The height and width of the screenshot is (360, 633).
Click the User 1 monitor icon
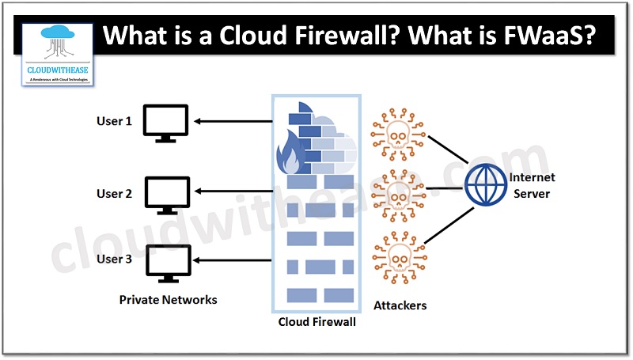pos(165,123)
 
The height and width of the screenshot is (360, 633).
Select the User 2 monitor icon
pos(167,195)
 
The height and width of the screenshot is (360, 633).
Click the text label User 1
pos(114,121)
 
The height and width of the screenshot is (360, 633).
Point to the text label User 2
pos(114,193)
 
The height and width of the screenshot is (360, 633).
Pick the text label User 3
pos(114,259)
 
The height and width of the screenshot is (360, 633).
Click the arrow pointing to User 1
pos(233,121)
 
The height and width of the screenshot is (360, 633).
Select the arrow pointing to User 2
pos(233,191)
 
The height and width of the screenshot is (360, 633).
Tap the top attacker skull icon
pos(395,138)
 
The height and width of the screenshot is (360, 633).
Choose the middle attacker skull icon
pos(395,191)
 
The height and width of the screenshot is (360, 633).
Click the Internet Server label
pos(531,185)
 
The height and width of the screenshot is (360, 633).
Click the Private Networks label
pos(168,300)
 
